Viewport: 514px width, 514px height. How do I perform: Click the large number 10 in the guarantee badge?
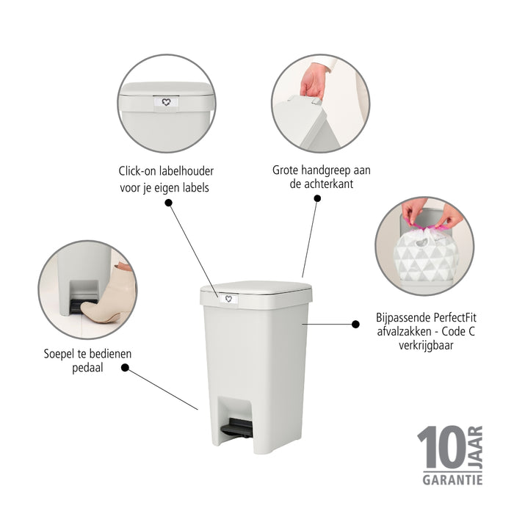pyautogui.click(x=441, y=449)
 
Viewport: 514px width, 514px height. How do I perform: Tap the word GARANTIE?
pyautogui.click(x=452, y=479)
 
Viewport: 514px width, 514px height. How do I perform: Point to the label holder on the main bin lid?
pyautogui.click(x=228, y=298)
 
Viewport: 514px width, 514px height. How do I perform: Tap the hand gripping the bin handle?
pyautogui.click(x=314, y=79)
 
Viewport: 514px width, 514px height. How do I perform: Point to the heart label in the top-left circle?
pyautogui.click(x=166, y=103)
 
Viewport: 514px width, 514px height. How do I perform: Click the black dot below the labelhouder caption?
pyautogui.click(x=169, y=202)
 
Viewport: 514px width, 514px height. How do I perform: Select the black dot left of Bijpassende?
pyautogui.click(x=356, y=322)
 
